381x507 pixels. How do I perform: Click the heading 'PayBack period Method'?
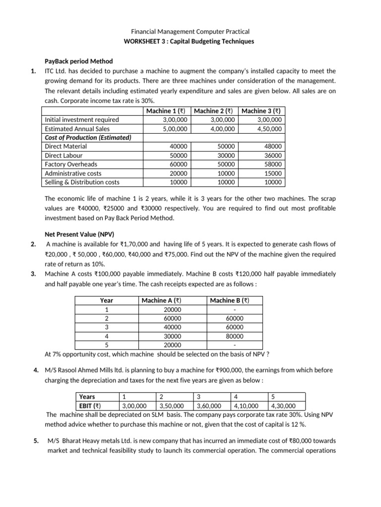click(78, 61)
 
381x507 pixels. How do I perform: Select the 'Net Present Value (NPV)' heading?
click(74, 235)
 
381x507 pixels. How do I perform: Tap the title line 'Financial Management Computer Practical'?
click(190, 32)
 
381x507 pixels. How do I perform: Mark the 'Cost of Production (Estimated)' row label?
click(88, 137)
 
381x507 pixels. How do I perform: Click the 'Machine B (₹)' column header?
click(229, 301)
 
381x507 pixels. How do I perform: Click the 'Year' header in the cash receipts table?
click(106, 301)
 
